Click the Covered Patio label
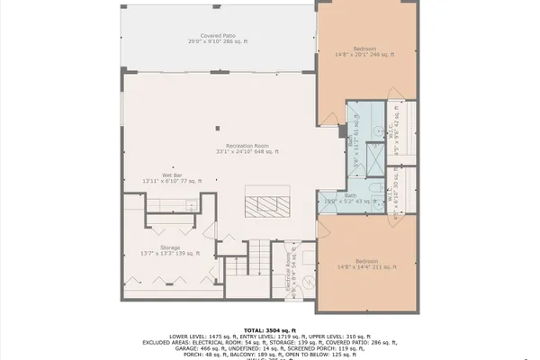click(x=218, y=35)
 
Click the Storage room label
click(x=170, y=247)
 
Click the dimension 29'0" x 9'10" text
click(x=218, y=41)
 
